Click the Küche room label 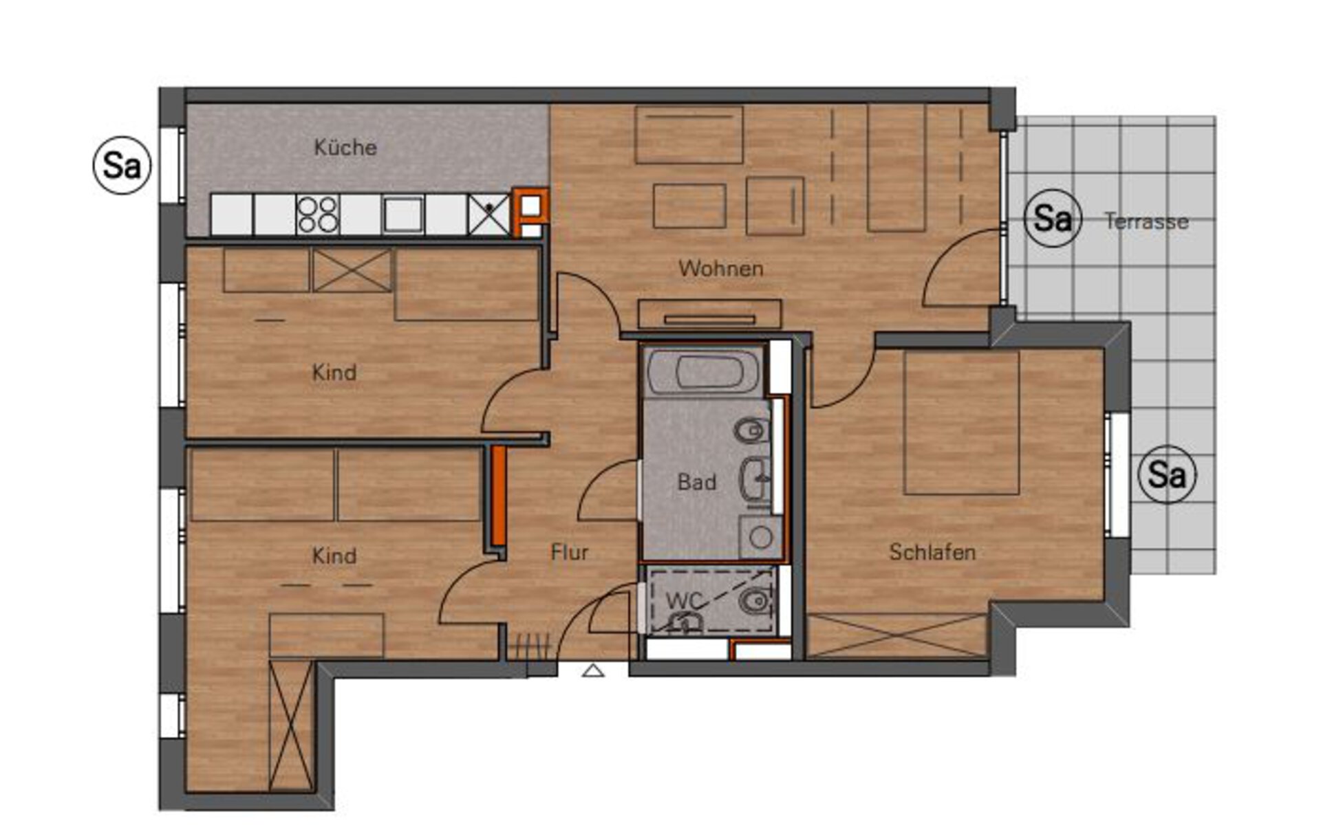[x=345, y=147]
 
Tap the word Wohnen [x=721, y=268]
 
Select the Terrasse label [x=1146, y=221]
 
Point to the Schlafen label [x=932, y=551]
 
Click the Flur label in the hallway [x=570, y=551]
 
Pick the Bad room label [x=697, y=482]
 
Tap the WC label [x=684, y=600]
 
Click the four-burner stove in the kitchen [x=318, y=215]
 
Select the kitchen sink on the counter [x=403, y=214]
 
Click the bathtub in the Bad [x=704, y=373]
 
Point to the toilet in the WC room [x=754, y=602]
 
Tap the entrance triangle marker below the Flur [x=593, y=670]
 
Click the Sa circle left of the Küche [x=122, y=165]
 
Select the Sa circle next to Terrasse [x=1053, y=219]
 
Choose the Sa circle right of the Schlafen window [x=1168, y=474]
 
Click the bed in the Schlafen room [x=961, y=423]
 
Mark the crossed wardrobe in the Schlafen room [x=896, y=635]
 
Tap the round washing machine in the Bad [x=760, y=537]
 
